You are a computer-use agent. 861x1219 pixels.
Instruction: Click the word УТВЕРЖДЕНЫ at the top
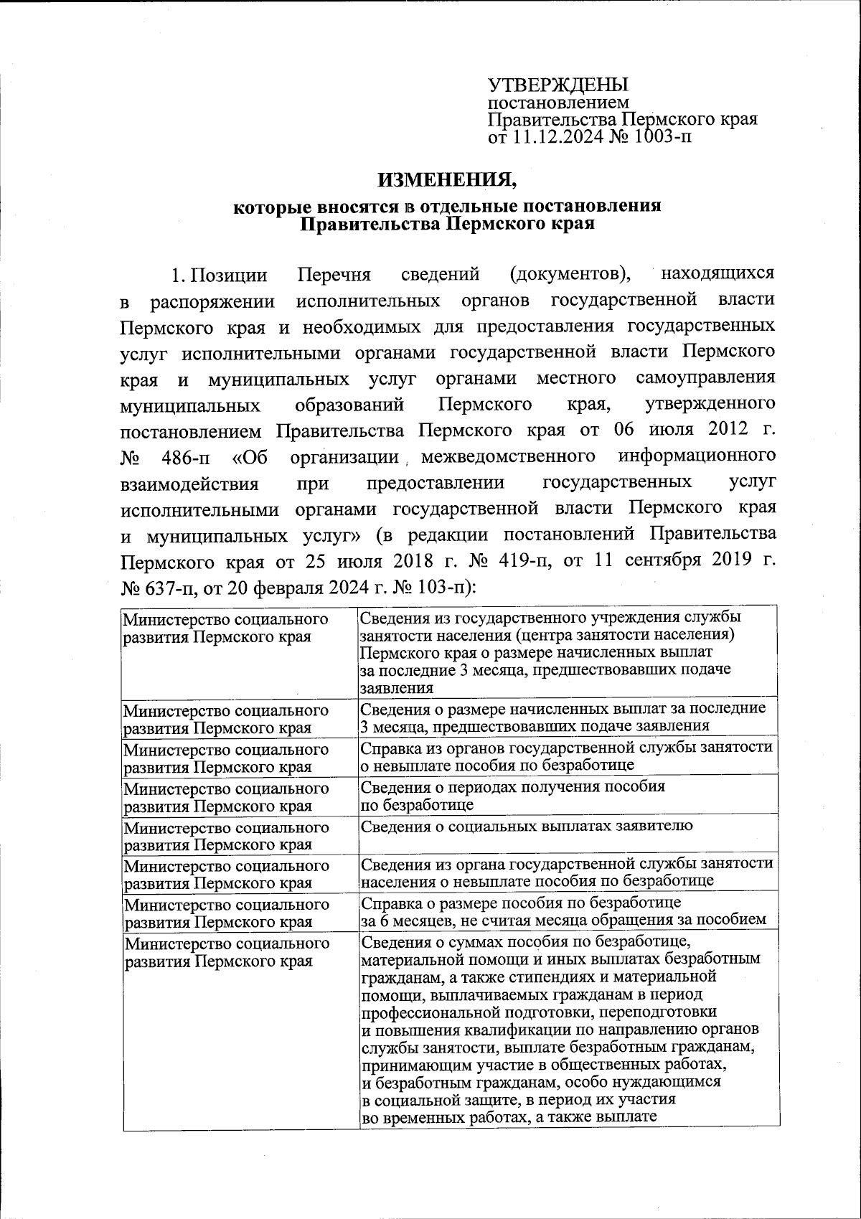pyautogui.click(x=557, y=85)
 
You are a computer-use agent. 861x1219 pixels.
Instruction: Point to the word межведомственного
pyautogui.click(x=508, y=456)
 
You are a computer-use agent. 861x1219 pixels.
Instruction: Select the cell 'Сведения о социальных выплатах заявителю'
pyautogui.click(x=527, y=825)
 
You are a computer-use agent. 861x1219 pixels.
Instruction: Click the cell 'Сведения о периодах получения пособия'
pyautogui.click(x=512, y=786)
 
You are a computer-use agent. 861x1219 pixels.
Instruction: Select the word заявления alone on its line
pyautogui.click(x=396, y=687)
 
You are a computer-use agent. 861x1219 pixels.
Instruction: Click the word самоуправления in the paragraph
pyautogui.click(x=705, y=378)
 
